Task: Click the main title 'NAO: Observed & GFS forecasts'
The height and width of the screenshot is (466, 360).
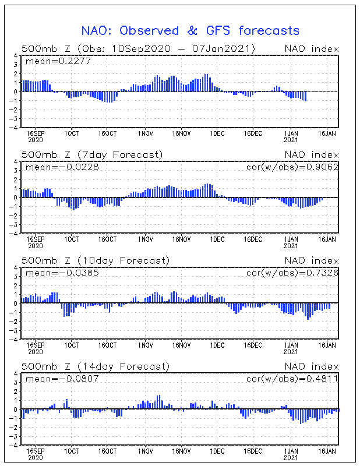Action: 190,30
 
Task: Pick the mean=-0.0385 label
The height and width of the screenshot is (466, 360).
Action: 54,272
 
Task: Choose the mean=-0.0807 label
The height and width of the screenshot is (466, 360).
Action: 54,378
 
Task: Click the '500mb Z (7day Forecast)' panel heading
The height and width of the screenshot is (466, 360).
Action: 92,154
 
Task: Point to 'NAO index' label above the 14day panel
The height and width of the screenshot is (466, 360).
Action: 311,366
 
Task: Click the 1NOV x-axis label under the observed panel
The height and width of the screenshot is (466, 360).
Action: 145,133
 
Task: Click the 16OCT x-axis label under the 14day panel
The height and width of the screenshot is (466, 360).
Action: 108,451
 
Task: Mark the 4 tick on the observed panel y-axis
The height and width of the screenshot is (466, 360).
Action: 17,56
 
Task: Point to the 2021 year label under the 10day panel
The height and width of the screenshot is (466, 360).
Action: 290,351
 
